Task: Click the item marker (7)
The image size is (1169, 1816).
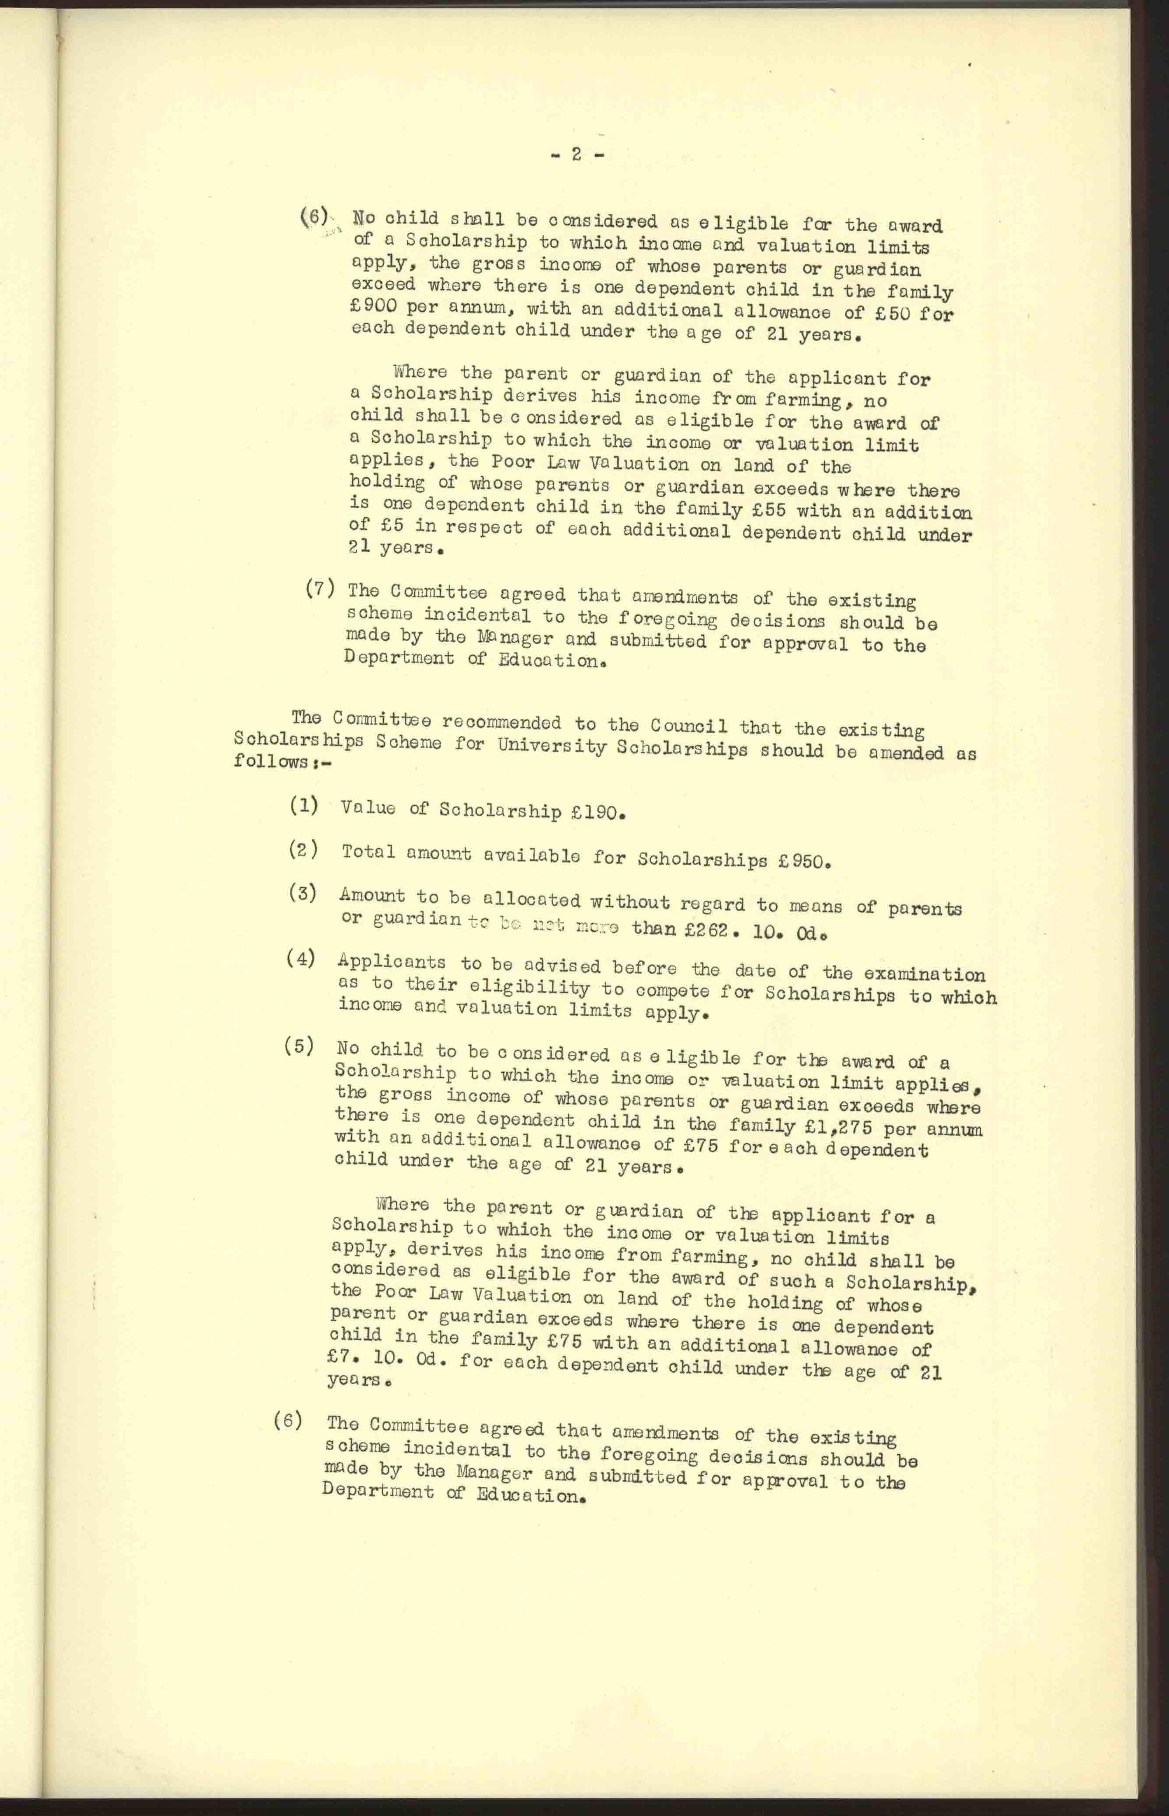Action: (x=320, y=588)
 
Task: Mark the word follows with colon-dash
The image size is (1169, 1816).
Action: (x=283, y=761)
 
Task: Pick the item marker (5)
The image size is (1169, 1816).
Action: (x=298, y=1046)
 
